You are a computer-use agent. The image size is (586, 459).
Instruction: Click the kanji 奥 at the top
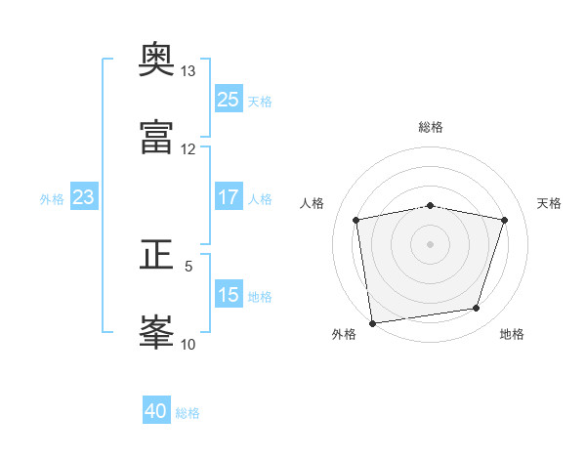(156, 59)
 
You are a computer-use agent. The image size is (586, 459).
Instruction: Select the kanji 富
(156, 137)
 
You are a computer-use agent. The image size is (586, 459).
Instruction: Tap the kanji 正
(156, 255)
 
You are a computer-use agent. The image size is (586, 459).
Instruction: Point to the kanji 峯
(156, 332)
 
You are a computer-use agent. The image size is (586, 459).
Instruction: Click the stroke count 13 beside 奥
(188, 71)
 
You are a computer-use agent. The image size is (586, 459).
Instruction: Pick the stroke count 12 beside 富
(188, 149)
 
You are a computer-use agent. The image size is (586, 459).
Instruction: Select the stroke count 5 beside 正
(188, 267)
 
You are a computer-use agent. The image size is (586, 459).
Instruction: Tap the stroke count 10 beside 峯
(188, 345)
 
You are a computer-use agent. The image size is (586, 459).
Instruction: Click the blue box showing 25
(229, 99)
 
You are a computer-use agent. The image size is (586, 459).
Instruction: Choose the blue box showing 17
(229, 196)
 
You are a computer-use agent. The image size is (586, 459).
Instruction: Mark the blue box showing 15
(229, 293)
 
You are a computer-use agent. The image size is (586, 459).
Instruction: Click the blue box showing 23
(84, 196)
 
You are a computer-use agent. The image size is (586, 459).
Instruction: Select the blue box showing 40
(156, 409)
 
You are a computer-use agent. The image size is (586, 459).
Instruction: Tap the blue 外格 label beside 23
(52, 199)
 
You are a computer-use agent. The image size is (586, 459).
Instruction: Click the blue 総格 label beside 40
(188, 413)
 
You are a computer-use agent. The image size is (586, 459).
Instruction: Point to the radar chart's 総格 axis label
(430, 127)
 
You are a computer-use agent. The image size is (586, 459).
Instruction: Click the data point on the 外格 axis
(372, 323)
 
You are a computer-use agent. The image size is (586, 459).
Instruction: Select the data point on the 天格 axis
(504, 220)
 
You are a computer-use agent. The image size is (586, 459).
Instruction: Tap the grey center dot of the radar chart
(430, 244)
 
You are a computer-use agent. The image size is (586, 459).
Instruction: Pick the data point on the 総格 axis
(430, 206)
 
